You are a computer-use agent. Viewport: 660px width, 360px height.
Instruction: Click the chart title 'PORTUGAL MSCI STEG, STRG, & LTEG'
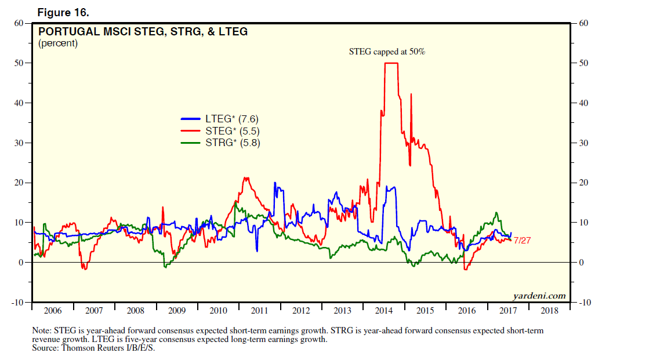[143, 32]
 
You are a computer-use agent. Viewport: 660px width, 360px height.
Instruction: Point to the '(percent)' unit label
[58, 43]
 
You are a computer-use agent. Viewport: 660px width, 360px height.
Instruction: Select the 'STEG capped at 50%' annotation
[387, 52]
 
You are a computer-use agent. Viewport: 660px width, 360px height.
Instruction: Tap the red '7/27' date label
[523, 240]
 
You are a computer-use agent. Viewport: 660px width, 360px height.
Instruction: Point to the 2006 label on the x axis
[53, 311]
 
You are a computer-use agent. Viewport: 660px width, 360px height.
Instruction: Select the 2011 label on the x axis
[260, 311]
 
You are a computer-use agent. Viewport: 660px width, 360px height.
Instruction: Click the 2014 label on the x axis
[384, 311]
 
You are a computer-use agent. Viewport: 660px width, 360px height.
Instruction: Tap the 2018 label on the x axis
[549, 311]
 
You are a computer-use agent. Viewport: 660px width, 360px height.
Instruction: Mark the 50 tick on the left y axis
[20, 63]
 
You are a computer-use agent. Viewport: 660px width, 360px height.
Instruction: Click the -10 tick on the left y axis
[18, 303]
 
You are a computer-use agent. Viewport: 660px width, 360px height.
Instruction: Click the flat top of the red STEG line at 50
[391, 63]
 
